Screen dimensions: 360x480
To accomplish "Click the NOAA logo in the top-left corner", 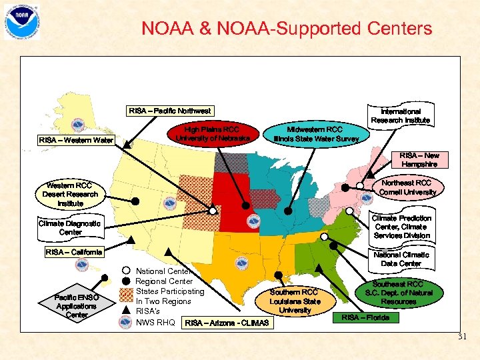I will [22, 21].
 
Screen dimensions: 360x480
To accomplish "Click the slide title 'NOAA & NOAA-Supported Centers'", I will [287, 29].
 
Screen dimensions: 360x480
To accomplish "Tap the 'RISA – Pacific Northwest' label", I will [170, 111].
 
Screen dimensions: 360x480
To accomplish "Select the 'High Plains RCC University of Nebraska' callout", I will [212, 133].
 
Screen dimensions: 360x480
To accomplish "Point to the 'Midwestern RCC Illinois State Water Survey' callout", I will [315, 133].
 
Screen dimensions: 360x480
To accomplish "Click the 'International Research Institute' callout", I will [401, 115].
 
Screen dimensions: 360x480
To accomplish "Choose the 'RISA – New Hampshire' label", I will [419, 159].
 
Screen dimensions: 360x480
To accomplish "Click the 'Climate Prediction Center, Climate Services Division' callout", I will [401, 227].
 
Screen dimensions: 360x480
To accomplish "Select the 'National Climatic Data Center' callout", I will [401, 259].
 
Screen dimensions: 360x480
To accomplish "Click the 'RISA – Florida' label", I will [365, 317].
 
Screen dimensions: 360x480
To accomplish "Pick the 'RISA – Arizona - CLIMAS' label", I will [227, 323].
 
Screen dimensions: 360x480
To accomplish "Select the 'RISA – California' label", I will [74, 252].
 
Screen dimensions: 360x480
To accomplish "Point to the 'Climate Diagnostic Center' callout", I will [70, 228].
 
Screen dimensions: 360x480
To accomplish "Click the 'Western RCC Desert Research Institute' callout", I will [71, 194].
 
